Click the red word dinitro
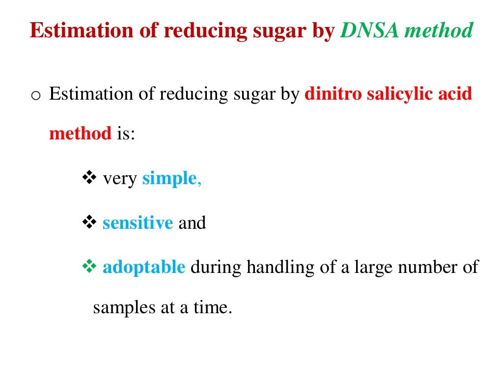tap(333, 94)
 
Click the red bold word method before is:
tap(81, 134)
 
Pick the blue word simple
tap(169, 179)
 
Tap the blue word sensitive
tap(138, 223)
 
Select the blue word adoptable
tap(144, 268)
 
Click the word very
tap(120, 179)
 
